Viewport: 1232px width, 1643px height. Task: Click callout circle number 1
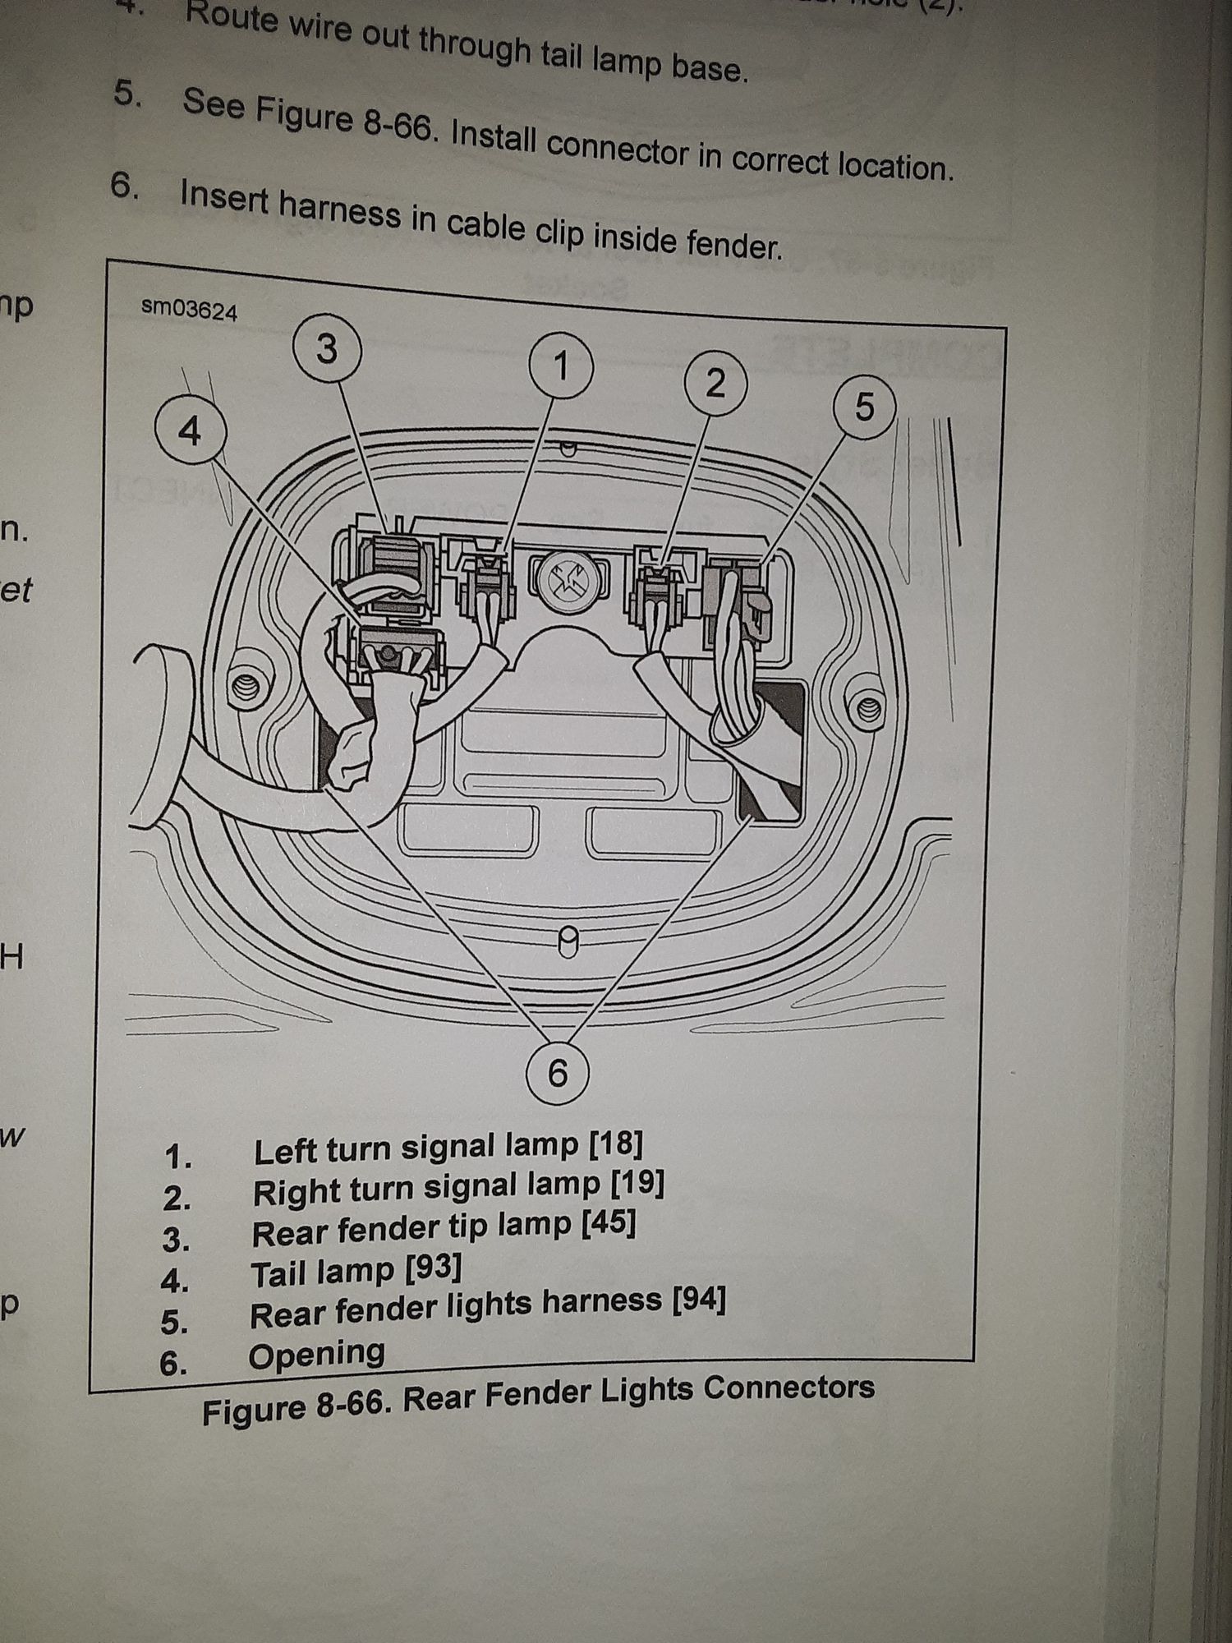tap(562, 366)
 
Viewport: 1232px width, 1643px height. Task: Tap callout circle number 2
tap(715, 384)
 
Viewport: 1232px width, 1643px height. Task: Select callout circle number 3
tap(327, 349)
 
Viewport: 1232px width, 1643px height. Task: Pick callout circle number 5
tap(864, 407)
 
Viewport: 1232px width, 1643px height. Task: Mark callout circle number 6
tap(558, 1073)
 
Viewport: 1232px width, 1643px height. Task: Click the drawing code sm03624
tap(190, 310)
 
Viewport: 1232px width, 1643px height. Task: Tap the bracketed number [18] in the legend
tap(616, 1143)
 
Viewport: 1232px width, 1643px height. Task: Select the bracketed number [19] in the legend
tap(637, 1183)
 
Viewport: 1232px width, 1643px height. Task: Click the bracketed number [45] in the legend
tap(609, 1224)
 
